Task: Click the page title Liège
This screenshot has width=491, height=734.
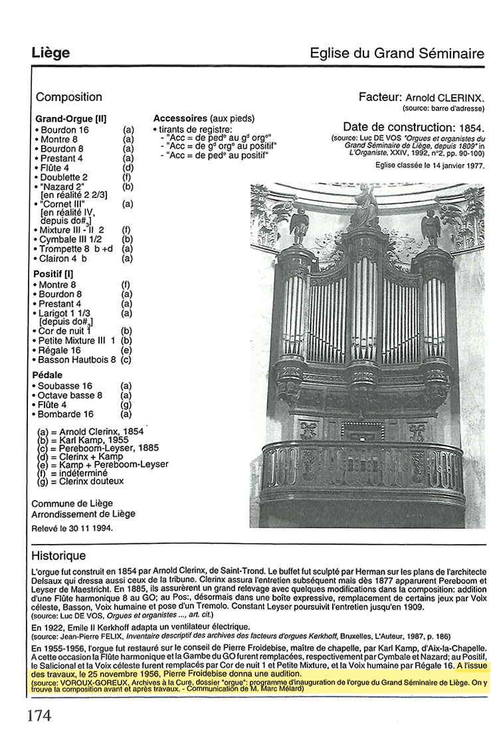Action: point(50,52)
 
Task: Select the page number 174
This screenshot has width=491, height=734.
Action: point(39,715)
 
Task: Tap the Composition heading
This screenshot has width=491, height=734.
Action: point(69,98)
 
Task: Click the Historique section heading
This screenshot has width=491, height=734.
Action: point(58,555)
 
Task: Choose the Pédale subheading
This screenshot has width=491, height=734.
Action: point(48,375)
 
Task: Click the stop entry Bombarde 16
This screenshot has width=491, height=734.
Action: point(65,414)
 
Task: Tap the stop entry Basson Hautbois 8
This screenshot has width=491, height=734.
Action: point(76,359)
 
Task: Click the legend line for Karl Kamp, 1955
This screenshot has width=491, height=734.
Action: point(85,440)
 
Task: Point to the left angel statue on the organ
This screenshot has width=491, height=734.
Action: point(300,226)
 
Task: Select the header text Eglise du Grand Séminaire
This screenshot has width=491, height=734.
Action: point(397,53)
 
